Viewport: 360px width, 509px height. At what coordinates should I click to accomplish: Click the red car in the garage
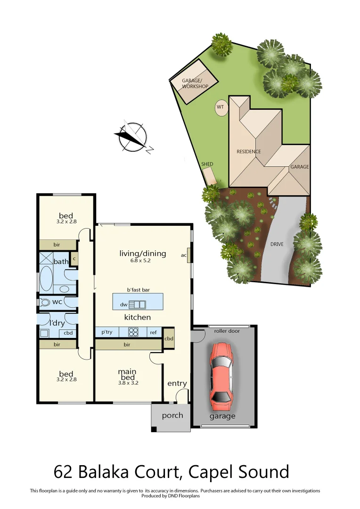[221, 372]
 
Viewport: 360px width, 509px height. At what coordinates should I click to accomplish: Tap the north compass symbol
[132, 137]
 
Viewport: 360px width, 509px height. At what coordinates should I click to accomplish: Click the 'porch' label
[172, 416]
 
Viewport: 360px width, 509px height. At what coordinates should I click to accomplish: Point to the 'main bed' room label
[127, 375]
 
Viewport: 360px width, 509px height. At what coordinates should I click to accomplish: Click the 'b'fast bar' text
[138, 290]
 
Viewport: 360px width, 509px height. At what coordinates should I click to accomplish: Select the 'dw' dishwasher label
[124, 304]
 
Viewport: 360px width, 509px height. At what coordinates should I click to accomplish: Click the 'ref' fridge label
[153, 332]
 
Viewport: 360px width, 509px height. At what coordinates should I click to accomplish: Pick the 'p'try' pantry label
[107, 332]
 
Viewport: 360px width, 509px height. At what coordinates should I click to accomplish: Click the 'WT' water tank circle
[221, 107]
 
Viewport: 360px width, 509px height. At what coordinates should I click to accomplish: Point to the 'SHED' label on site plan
[207, 164]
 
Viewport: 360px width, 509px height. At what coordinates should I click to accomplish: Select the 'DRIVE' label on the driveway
[277, 245]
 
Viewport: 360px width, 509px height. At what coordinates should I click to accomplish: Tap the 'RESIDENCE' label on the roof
[249, 152]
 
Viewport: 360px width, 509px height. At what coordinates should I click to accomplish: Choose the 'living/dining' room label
[142, 254]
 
